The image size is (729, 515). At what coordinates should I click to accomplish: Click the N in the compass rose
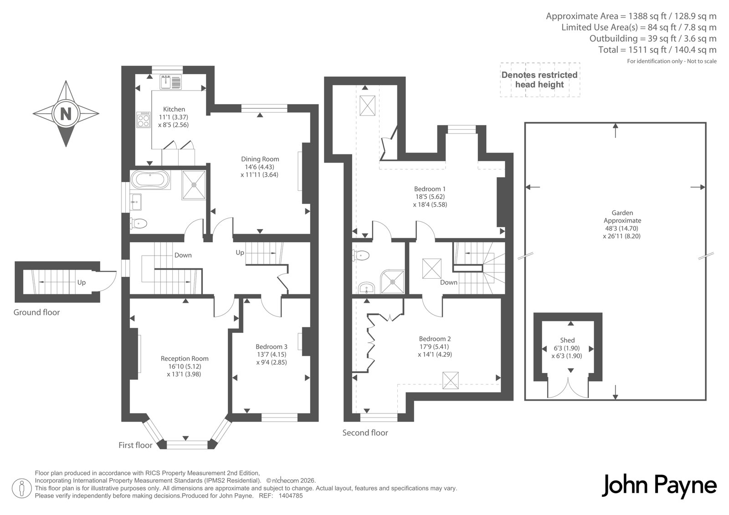tap(66, 114)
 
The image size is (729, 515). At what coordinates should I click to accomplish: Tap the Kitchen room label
tap(174, 109)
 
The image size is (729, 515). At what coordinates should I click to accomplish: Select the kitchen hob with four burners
tap(144, 120)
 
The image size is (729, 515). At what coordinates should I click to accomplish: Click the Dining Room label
tap(260, 159)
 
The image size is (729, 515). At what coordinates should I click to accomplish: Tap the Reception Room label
tap(185, 358)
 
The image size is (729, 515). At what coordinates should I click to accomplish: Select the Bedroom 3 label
tap(272, 347)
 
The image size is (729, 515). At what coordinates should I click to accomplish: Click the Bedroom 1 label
tap(430, 189)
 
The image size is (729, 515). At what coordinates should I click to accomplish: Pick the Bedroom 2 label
tap(435, 339)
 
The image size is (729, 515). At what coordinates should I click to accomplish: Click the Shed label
tap(567, 340)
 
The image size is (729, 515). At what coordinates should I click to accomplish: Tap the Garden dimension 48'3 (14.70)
tap(621, 229)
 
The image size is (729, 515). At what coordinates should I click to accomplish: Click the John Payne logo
tap(659, 486)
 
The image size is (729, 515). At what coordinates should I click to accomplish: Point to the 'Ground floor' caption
tap(36, 312)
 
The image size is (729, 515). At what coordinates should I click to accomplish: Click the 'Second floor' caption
tap(365, 433)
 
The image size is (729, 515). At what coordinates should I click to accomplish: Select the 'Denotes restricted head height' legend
tap(539, 80)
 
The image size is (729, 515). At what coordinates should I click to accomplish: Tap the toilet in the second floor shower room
tap(361, 256)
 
